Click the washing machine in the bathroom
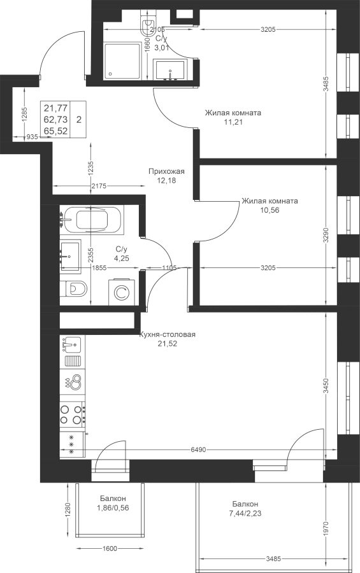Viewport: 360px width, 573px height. tap(121, 292)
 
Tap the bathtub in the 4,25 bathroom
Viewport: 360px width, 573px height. tap(92, 220)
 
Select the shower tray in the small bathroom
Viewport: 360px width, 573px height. tap(122, 61)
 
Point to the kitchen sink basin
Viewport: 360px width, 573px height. tap(72, 344)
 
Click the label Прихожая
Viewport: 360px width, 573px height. tap(166, 171)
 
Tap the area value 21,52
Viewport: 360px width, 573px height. tap(168, 344)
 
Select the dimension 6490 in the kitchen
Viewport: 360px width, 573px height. tap(198, 449)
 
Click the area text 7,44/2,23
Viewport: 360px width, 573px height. tap(245, 513)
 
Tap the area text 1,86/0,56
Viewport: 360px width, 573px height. tap(113, 507)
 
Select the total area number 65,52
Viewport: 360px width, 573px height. tap(55, 131)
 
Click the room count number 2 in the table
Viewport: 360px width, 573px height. tap(79, 120)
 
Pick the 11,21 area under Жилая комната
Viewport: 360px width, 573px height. tap(233, 122)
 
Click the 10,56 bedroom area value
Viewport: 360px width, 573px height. tap(270, 210)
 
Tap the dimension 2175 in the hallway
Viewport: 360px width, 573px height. tap(99, 186)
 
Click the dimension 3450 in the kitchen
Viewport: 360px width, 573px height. tap(327, 386)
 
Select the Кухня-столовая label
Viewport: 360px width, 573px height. tap(168, 334)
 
